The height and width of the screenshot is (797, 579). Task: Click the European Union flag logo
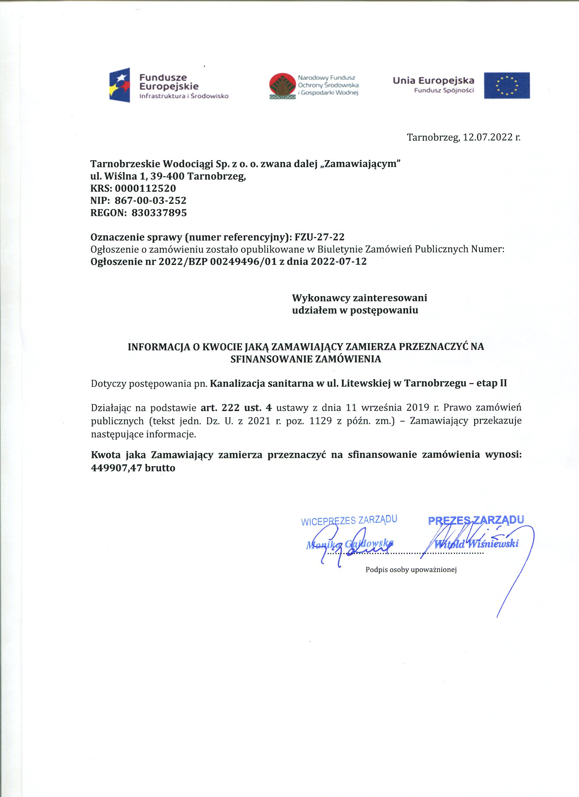coord(507,86)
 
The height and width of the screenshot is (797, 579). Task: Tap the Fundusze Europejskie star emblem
coord(120,85)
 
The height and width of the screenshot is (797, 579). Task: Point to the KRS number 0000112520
coord(145,188)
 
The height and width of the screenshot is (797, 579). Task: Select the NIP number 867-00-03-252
coord(151,201)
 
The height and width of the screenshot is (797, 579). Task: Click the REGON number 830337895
coord(159,213)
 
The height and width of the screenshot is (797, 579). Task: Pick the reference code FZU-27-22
coord(319,237)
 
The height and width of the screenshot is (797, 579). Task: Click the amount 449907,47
coord(116,468)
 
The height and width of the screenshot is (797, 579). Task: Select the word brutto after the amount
coord(159,468)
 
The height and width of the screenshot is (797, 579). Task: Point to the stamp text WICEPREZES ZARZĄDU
coord(349,520)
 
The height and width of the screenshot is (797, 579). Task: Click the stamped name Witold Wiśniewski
coord(476,544)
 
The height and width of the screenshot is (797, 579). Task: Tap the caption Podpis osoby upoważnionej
coord(411,570)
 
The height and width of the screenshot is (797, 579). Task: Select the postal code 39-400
coord(167,176)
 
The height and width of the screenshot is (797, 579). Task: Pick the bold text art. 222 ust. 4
coord(236,408)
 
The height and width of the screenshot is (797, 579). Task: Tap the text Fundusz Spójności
coord(444,91)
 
